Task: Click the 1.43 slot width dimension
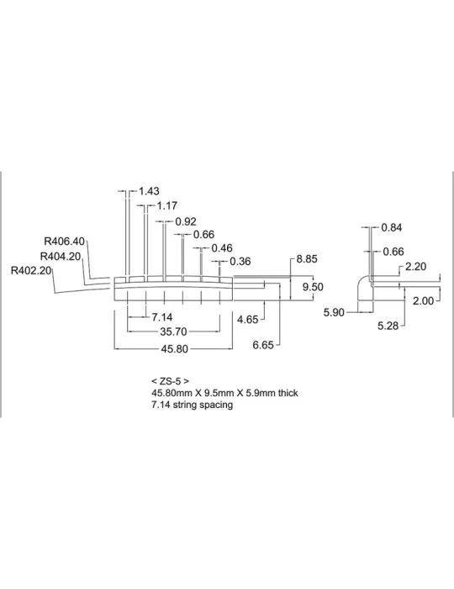coord(149,191)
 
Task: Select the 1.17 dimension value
coord(167,206)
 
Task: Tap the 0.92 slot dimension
coord(186,221)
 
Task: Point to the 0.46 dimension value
coord(222,248)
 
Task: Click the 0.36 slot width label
coord(240,262)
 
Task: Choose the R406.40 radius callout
coord(65,241)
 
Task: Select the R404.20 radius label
coord(61,257)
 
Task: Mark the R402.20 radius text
coord(31,270)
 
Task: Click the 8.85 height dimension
coord(307,259)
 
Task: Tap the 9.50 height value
coord(313,287)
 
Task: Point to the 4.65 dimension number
coord(248,320)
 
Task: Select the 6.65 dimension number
coord(263,345)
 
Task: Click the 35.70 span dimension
coord(173,332)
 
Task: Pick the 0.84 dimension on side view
coord(392,228)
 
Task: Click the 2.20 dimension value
coord(415,267)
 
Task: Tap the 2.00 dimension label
coord(423,301)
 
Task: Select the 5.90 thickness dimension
coord(334,312)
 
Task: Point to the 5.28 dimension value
coord(388,326)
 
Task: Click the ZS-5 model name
coord(171,381)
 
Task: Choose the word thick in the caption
coord(288,393)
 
